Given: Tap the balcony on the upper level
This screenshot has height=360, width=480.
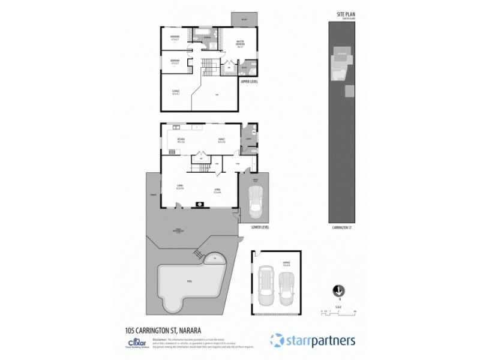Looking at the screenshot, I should coord(244,19).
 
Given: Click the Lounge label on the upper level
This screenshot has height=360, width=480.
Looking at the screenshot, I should coord(175,92).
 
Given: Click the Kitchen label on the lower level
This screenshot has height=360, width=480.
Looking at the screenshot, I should coord(180,140).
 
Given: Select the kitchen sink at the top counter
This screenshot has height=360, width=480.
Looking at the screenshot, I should coord(177,127).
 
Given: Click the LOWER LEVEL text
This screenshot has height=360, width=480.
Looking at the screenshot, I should coord(253,228).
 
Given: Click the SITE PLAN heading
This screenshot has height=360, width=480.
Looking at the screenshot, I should coord(346,13).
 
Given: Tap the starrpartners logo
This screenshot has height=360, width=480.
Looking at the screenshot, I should coord(313,340).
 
